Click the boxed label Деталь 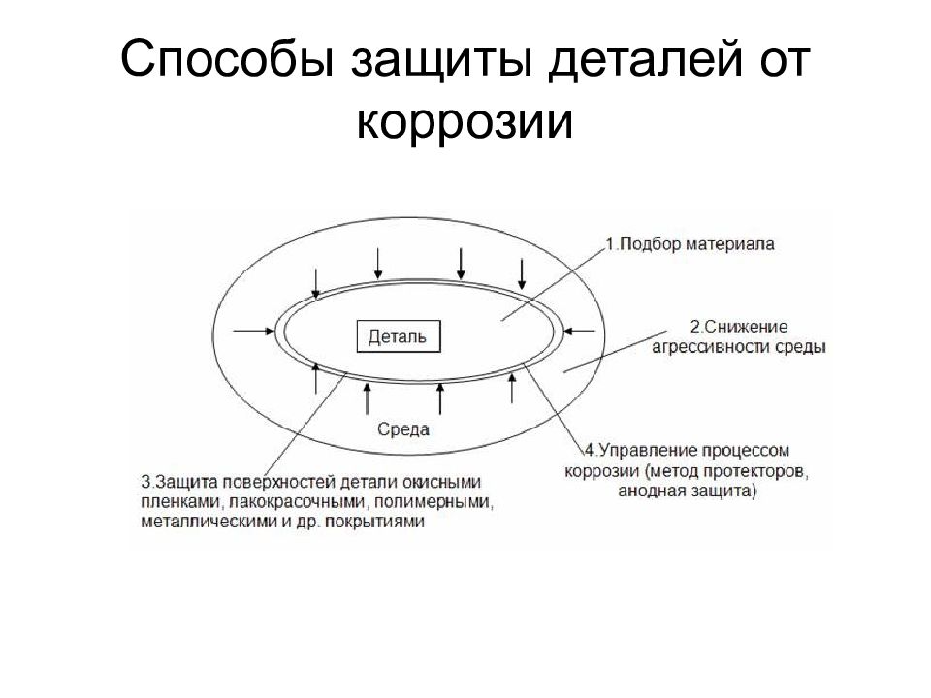point(399,336)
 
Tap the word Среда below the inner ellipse point(403,429)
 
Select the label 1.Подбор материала point(690,244)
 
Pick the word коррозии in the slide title point(465,122)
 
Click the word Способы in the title point(227,59)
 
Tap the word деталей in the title point(645,60)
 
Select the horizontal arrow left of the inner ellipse point(254,331)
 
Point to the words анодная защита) point(688,492)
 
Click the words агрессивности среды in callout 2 point(739,347)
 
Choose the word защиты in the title point(440,60)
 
